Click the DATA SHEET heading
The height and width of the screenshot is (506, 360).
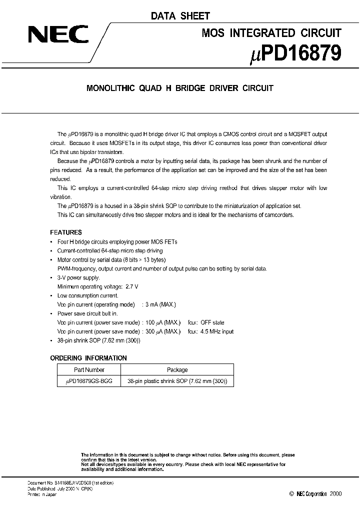pos(180,16)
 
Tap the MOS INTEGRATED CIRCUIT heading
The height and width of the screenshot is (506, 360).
pos(271,33)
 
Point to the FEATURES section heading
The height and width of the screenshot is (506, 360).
pos(66,232)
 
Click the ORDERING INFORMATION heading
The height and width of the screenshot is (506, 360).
pos(88,358)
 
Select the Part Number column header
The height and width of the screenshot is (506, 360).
pos(89,370)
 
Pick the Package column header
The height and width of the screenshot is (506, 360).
pos(177,370)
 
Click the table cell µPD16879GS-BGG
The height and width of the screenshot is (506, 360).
pos(89,381)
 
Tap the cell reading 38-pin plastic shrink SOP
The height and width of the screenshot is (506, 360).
pos(177,381)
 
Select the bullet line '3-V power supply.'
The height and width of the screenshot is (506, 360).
pos(78,277)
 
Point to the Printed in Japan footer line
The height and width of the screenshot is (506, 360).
pos(41,494)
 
